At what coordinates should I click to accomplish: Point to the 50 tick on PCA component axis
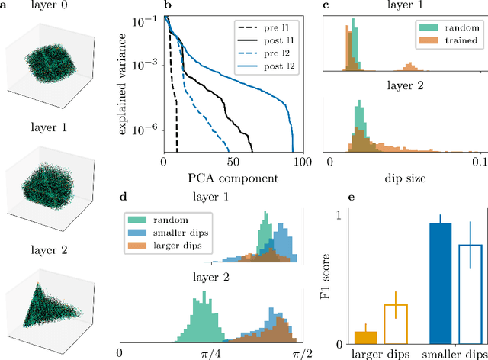point(233,162)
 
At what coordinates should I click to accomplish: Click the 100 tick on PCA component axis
point(303,162)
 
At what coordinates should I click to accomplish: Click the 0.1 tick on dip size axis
point(478,162)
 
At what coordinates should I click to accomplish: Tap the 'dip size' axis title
point(403,178)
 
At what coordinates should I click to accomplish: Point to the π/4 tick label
point(207,353)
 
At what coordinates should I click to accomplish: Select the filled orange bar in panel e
point(365,336)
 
